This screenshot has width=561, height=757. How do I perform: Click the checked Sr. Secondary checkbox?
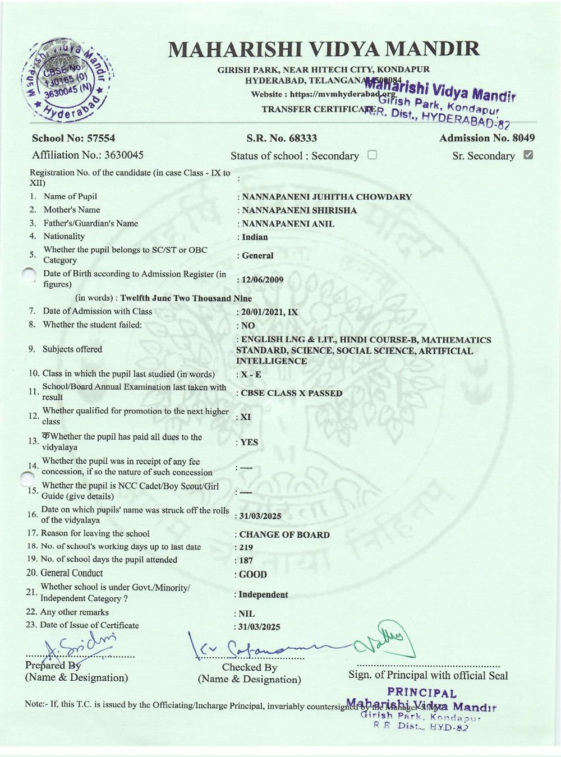528,155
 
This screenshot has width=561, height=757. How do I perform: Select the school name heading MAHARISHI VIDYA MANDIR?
324,49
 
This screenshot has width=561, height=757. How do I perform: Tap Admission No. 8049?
487,138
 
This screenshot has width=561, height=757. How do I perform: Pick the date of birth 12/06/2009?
262,280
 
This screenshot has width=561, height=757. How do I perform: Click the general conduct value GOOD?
252,574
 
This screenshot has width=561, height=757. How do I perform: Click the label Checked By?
250,667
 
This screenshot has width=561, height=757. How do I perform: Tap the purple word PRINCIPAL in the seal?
422,694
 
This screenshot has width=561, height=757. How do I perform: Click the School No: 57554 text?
73,138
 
